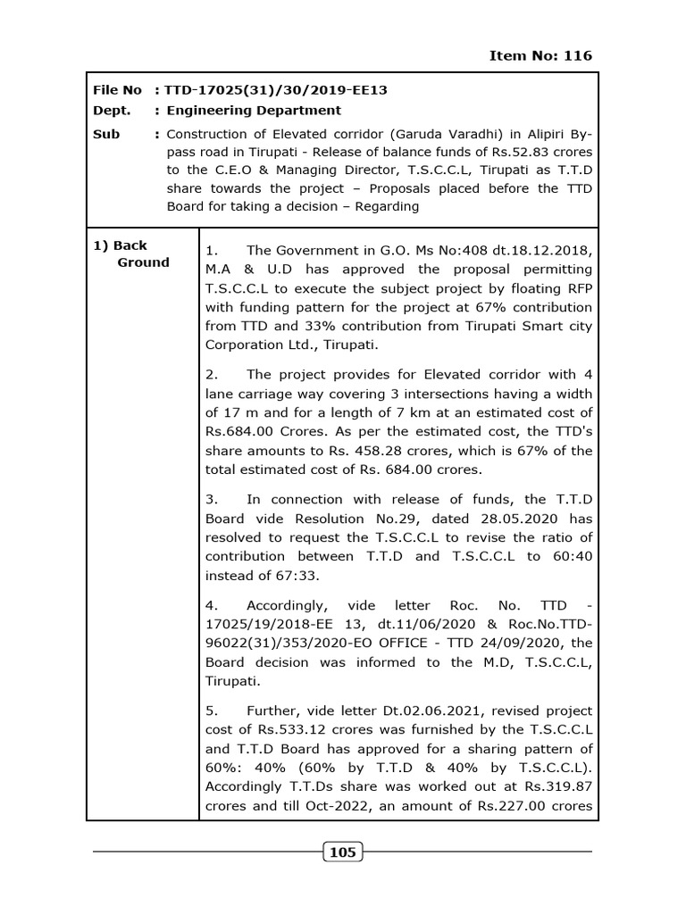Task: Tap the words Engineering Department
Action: pos(254,111)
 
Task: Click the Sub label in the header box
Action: pos(107,135)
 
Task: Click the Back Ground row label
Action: pos(131,253)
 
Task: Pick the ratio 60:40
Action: pos(569,556)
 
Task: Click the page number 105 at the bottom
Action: pos(343,852)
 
